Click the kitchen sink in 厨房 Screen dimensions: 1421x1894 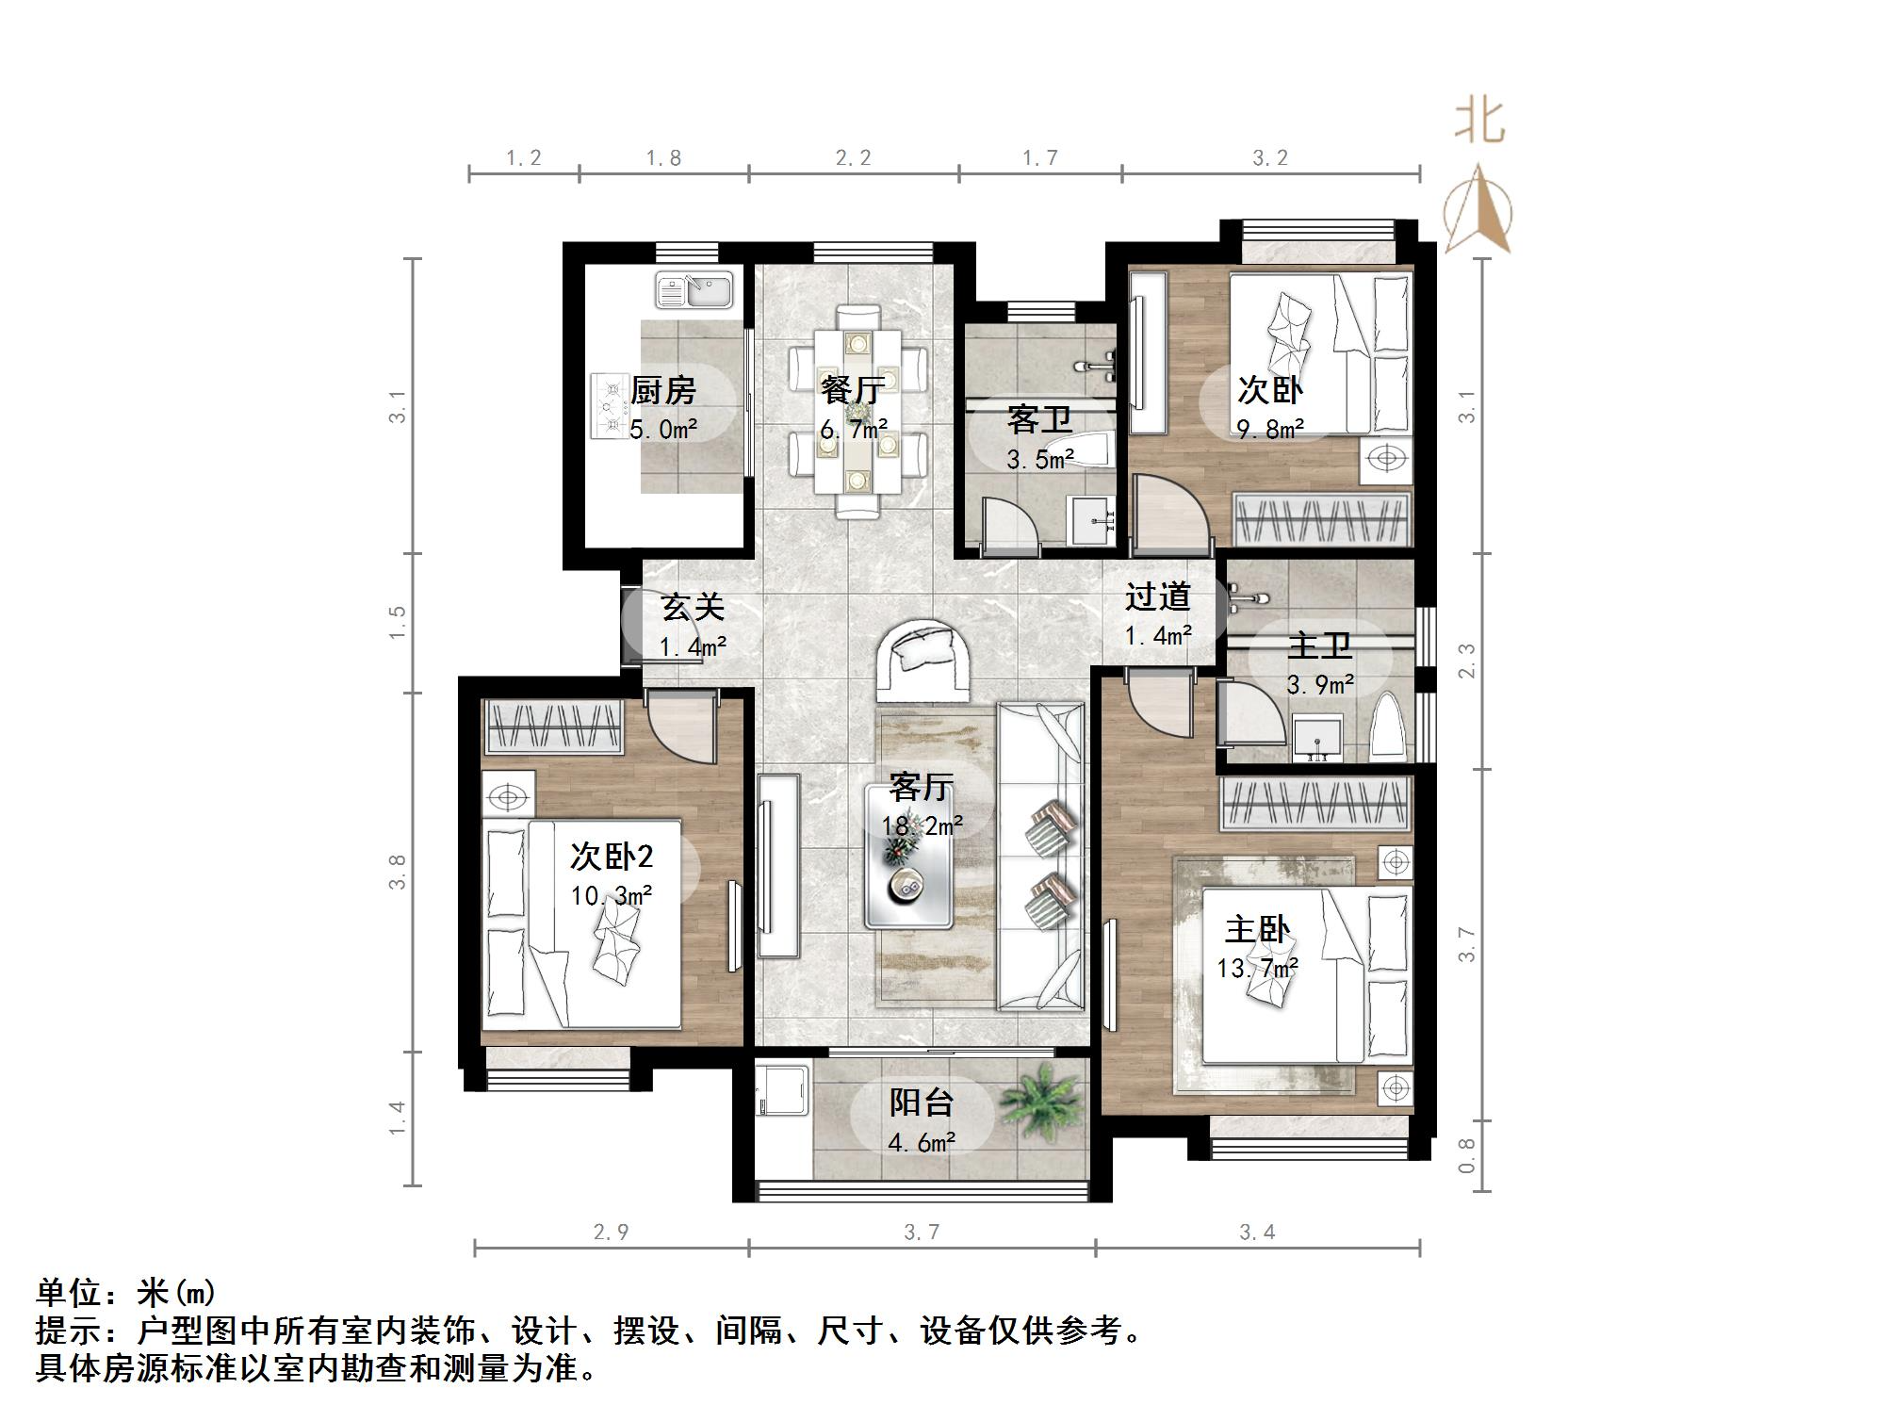tap(694, 291)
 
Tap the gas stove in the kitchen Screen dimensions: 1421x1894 tap(612, 406)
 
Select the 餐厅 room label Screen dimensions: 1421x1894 tap(852, 389)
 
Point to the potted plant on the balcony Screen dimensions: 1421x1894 tap(1038, 1100)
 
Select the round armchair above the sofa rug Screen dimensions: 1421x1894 tap(923, 659)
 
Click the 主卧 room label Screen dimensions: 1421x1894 tap(1257, 929)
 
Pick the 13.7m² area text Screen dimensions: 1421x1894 tap(1257, 968)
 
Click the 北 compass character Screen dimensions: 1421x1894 tap(1479, 122)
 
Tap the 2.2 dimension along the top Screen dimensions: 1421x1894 tap(853, 157)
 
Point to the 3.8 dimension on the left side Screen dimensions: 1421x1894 tap(397, 871)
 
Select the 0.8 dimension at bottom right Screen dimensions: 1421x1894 tap(1465, 1155)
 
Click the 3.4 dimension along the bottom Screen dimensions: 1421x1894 tap(1257, 1232)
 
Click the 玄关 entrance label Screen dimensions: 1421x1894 tap(693, 607)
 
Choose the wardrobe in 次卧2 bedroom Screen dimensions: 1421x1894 tap(553, 727)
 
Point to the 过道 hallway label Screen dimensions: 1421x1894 tap(1157, 596)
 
